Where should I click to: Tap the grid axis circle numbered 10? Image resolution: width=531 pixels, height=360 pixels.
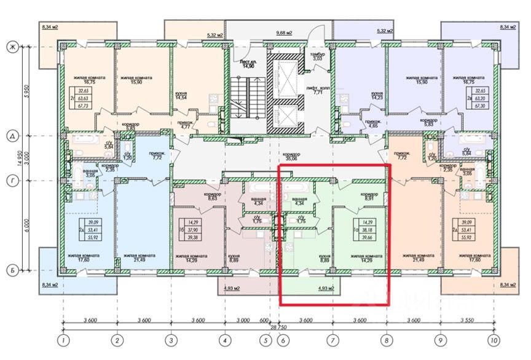coord(493,339)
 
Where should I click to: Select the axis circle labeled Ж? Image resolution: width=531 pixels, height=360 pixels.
coord(11,47)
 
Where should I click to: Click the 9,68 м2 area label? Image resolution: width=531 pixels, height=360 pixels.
coord(284,32)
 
